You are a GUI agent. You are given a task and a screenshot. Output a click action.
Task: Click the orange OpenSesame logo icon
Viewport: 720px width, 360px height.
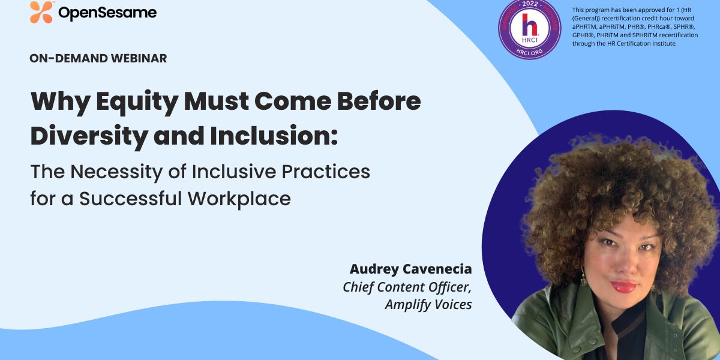click(41, 12)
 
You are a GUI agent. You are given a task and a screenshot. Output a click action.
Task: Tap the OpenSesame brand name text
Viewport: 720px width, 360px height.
click(107, 13)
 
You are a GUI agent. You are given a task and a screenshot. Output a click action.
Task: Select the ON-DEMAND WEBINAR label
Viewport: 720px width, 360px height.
click(98, 58)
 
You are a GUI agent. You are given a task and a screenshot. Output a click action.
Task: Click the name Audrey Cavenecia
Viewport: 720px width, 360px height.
click(411, 269)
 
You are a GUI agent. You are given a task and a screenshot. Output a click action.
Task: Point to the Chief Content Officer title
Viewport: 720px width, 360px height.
click(407, 287)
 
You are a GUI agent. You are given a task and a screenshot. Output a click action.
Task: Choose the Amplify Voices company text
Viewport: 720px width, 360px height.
click(428, 304)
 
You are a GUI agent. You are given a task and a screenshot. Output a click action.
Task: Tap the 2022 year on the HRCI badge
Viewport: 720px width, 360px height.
click(530, 5)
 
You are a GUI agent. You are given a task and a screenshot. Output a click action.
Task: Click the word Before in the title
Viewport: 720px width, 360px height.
click(380, 101)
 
